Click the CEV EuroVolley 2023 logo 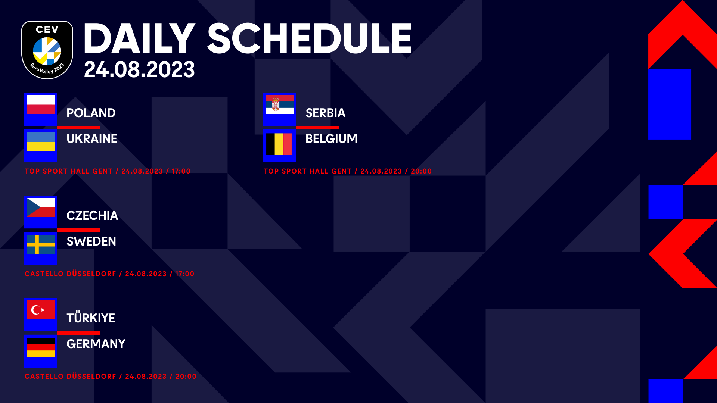(x=47, y=50)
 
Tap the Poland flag (x=41, y=105)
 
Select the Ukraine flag (x=41, y=142)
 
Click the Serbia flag (x=280, y=105)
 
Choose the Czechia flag (x=41, y=207)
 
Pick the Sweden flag (x=41, y=244)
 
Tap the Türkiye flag (x=41, y=310)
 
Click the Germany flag (x=41, y=347)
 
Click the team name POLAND (x=91, y=113)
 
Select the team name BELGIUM (x=332, y=139)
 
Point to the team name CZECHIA (x=92, y=216)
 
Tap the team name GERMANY (x=96, y=344)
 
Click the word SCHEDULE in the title (x=310, y=38)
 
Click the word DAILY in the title (x=139, y=38)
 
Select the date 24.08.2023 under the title (x=139, y=69)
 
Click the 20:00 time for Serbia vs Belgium (x=421, y=171)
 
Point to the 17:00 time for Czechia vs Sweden (x=185, y=274)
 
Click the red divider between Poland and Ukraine (x=78, y=128)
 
